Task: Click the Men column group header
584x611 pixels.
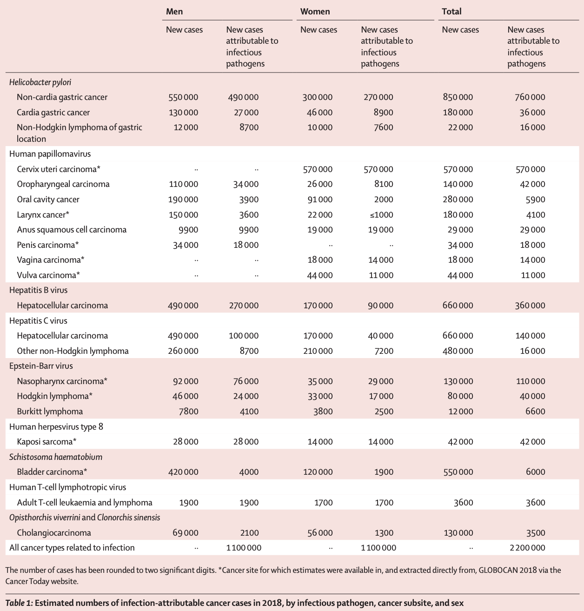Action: click(174, 11)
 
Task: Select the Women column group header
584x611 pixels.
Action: click(315, 11)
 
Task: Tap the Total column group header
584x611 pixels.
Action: click(451, 11)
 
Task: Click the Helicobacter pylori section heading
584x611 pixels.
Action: click(40, 82)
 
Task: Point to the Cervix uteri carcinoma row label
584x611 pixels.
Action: click(59, 169)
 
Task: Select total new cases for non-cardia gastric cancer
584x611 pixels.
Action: click(458, 97)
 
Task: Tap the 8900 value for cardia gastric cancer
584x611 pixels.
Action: click(383, 113)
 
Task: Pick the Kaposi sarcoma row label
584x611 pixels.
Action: click(46, 442)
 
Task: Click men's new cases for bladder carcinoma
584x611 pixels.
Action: click(183, 472)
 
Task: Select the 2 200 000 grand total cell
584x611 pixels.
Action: click(527, 548)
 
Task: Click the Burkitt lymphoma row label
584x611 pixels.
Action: click(50, 412)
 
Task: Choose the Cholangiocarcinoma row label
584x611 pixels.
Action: click(54, 533)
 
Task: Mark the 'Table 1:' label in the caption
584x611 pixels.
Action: click(19, 603)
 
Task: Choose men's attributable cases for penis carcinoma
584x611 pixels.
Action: click(246, 245)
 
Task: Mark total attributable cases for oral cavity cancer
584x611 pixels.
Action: click(535, 199)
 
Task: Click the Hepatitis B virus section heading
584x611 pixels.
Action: click(39, 290)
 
